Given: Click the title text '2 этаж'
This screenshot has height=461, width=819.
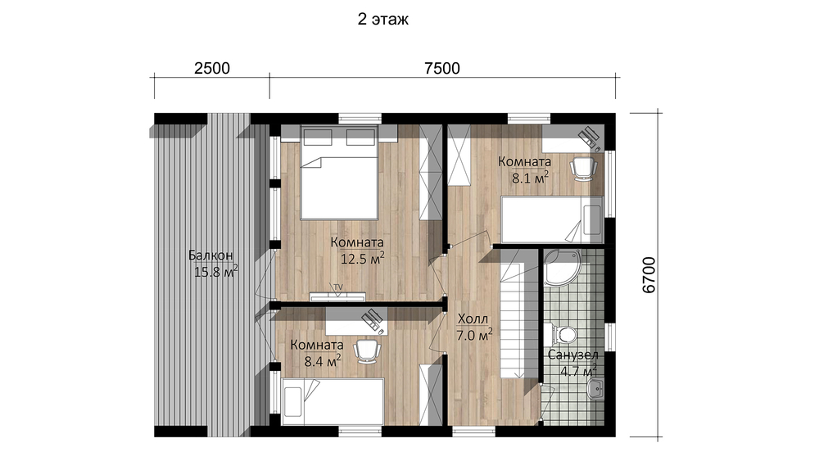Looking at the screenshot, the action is click(x=382, y=20).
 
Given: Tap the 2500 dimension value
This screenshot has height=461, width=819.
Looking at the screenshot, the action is click(x=212, y=69).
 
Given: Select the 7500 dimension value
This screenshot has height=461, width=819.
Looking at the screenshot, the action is click(x=442, y=69).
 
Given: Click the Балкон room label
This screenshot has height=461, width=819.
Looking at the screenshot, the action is click(x=210, y=255).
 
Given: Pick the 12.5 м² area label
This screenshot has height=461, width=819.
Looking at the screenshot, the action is click(x=363, y=259).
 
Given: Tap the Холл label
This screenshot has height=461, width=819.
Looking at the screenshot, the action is click(x=473, y=319).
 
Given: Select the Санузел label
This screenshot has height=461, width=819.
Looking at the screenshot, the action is click(x=573, y=355).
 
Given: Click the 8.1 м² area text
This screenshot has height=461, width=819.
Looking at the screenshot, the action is click(x=530, y=178).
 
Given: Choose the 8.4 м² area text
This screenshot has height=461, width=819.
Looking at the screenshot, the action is click(x=323, y=361).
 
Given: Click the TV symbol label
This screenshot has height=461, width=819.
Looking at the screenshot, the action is click(x=338, y=287).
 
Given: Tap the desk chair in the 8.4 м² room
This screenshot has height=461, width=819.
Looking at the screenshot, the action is click(x=367, y=350).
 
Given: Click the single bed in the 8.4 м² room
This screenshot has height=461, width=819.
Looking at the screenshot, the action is click(x=333, y=402).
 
